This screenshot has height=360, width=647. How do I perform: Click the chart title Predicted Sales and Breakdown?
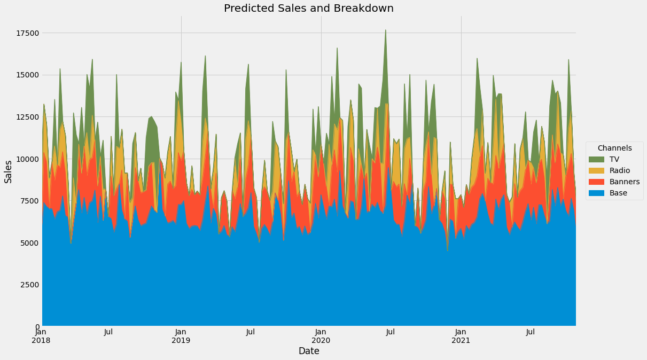308,9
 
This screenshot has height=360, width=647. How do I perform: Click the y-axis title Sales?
9,171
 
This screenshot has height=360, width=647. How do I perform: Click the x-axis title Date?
309,351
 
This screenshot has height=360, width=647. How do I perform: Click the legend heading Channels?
614,148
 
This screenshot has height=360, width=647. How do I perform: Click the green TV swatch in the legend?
596,159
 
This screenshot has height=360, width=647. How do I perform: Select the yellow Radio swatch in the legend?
596,170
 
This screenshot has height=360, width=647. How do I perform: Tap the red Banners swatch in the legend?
596,182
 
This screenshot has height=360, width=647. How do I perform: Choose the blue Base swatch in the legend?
596,193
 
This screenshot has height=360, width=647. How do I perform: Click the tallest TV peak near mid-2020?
385,30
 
